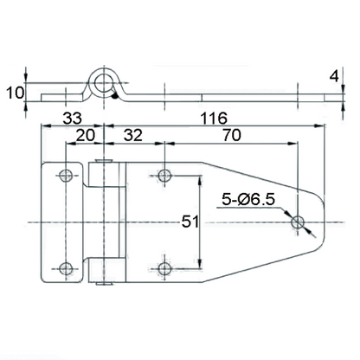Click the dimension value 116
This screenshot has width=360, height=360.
(x=214, y=117)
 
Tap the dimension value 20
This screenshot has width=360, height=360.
(x=85, y=135)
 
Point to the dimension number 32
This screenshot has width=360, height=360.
(x=133, y=135)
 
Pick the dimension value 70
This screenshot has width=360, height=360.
(x=232, y=135)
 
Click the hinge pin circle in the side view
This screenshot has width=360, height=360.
(x=105, y=83)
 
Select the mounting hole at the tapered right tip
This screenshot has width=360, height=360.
(x=299, y=222)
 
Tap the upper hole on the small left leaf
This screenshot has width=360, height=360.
(x=65, y=177)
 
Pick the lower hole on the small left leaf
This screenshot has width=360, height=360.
(x=65, y=267)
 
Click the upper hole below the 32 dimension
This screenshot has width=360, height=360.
(x=164, y=177)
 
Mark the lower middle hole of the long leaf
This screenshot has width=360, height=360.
(x=164, y=267)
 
